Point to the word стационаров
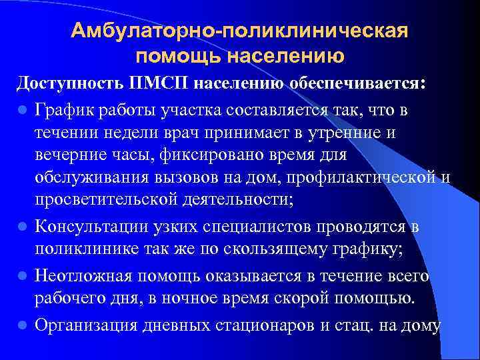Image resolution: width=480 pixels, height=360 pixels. click(274, 325)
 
